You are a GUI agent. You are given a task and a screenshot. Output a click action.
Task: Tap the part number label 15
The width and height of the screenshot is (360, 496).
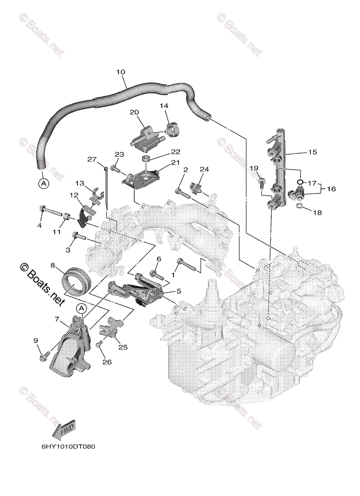(x=312, y=152)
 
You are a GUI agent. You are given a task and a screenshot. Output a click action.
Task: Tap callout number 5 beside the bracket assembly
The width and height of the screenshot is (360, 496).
(x=179, y=291)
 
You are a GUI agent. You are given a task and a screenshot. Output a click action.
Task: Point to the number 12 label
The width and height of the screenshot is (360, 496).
(x=74, y=195)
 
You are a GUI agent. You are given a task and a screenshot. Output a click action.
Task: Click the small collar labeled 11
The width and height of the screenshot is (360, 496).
(x=65, y=215)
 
